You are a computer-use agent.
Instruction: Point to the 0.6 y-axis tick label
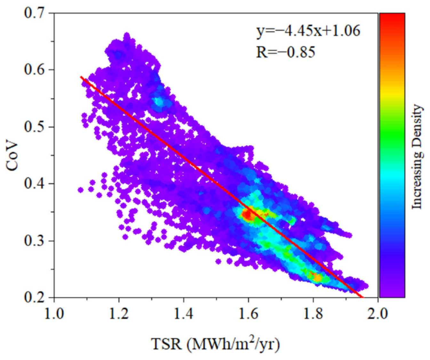pos(36,70)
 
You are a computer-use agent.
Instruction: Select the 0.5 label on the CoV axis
pos(36,127)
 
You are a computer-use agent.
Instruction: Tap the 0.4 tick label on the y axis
pos(36,184)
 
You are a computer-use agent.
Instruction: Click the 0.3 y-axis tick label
pos(36,241)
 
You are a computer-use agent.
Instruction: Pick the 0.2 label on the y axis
pos(36,297)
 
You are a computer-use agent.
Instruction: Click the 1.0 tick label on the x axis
pos(54,314)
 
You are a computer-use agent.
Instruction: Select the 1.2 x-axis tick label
pos(119,314)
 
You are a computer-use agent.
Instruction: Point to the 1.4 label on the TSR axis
pos(184,314)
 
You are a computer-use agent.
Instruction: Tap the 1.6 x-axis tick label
pos(249,314)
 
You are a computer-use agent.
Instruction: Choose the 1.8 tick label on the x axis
pos(314,314)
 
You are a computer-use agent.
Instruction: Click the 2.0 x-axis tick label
pos(378,314)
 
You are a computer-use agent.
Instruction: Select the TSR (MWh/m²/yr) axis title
pos(215,344)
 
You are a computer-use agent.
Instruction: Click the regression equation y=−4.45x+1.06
pos(308,31)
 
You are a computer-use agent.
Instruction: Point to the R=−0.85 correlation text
pos(285,52)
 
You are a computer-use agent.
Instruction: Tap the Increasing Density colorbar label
pos(417,157)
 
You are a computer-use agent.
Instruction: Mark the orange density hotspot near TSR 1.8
pos(317,277)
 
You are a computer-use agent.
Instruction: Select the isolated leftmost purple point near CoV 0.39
pos(81,190)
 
